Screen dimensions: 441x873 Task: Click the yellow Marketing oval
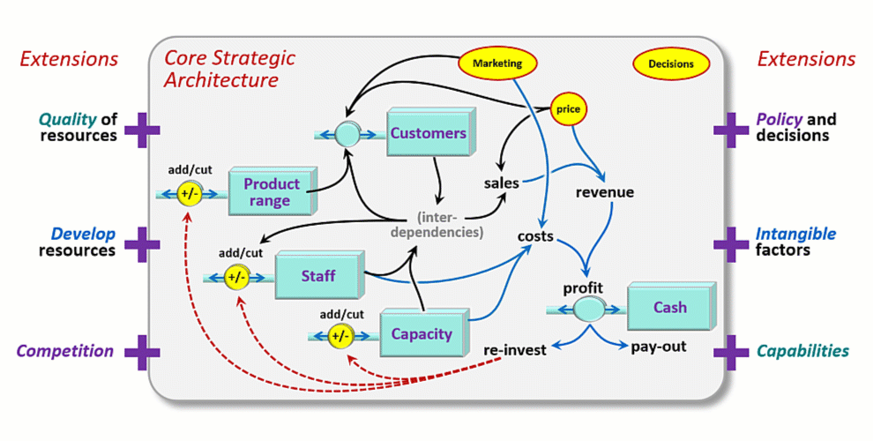pyautogui.click(x=497, y=64)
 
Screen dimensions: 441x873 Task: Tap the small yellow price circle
pyautogui.click(x=569, y=110)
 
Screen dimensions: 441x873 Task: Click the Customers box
pyautogui.click(x=429, y=134)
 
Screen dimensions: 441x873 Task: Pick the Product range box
pyautogui.click(x=272, y=192)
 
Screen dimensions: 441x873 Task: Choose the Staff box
pyautogui.click(x=318, y=276)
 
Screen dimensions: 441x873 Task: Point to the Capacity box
pyautogui.click(x=422, y=334)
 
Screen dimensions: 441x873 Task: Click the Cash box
pyautogui.click(x=669, y=308)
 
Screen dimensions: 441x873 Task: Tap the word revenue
pyautogui.click(x=604, y=192)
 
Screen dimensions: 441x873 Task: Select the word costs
pyautogui.click(x=535, y=236)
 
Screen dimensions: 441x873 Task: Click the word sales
pyautogui.click(x=501, y=183)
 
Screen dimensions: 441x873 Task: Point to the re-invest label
pyautogui.click(x=515, y=349)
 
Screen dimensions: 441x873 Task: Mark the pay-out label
pyautogui.click(x=658, y=347)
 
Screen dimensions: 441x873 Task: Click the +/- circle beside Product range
pyautogui.click(x=190, y=194)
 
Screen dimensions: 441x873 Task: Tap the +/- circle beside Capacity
pyautogui.click(x=340, y=336)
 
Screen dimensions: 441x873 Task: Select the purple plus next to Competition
pyautogui.click(x=142, y=352)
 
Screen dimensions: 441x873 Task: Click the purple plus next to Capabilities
pyautogui.click(x=731, y=352)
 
